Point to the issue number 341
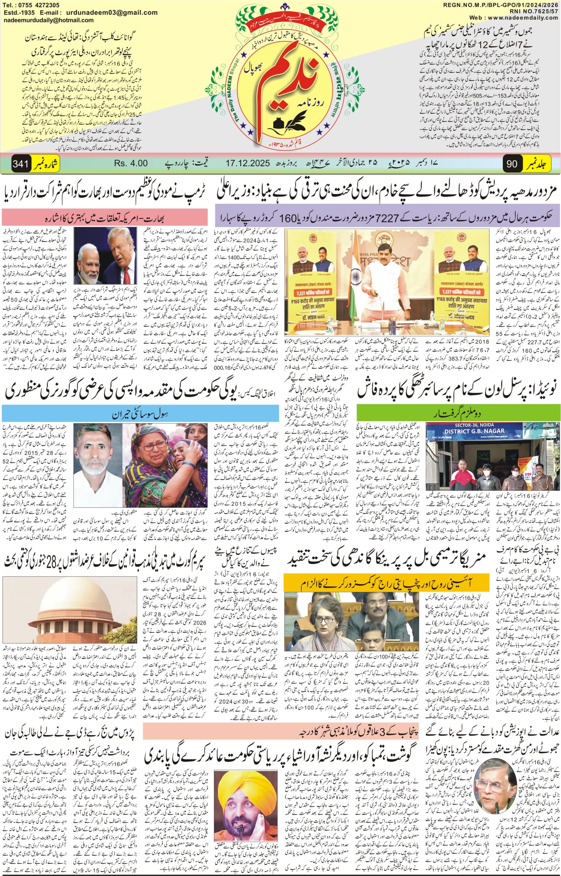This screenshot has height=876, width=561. [x=21, y=164]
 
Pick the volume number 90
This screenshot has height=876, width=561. [x=512, y=164]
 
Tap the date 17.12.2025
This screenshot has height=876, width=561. [x=248, y=163]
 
